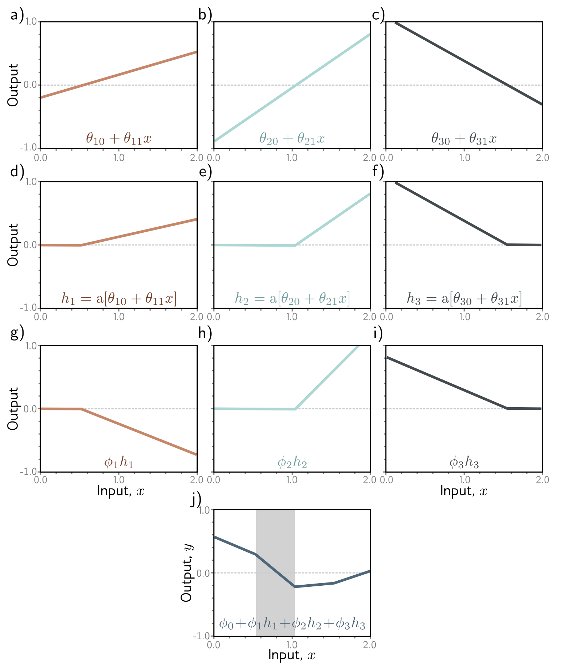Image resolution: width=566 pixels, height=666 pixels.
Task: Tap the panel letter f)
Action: click(378, 172)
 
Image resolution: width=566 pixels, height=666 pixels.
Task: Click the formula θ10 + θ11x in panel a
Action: click(118, 138)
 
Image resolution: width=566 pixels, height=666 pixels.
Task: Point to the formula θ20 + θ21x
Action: click(292, 138)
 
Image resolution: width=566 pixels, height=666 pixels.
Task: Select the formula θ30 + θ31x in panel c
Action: click(464, 138)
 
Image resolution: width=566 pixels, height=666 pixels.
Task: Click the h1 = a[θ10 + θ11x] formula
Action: click(118, 298)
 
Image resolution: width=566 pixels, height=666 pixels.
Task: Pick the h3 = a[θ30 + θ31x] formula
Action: click(464, 298)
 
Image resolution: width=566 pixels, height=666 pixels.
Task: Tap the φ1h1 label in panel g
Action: click(118, 463)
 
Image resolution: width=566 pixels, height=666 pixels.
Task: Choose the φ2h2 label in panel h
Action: click(292, 463)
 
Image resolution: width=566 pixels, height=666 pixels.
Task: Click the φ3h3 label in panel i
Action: click(464, 463)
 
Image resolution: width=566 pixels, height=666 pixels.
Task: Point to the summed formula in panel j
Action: click(292, 624)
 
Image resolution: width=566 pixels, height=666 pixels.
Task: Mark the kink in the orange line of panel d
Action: click(81, 245)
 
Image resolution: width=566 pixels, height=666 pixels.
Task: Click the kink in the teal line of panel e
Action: click(295, 246)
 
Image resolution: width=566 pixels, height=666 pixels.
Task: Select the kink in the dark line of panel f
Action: click(507, 244)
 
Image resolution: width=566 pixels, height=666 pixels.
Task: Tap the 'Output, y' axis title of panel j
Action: click(187, 573)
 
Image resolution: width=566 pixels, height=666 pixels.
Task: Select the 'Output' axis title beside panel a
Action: click(13, 85)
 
